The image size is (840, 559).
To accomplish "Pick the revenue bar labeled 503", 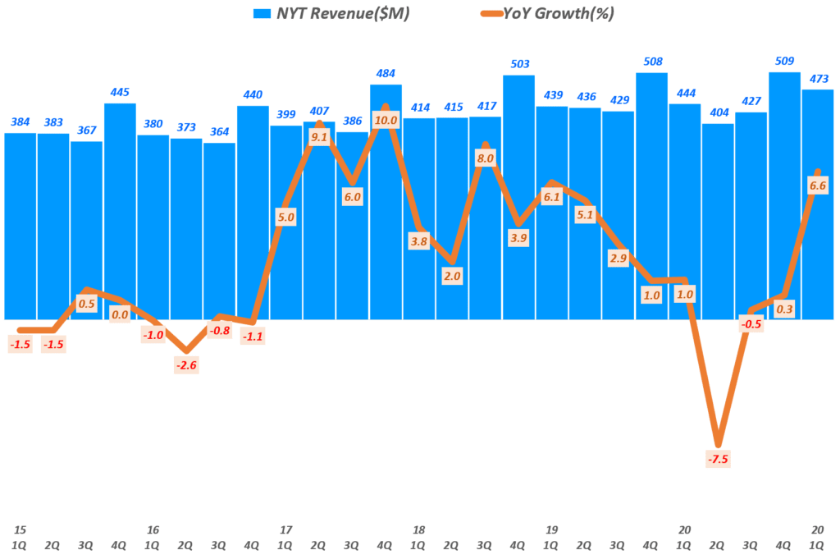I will coord(518,196).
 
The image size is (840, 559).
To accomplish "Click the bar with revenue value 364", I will coord(219,230).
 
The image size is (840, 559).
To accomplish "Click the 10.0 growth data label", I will coord(386,121).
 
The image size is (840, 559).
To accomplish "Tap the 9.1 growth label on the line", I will coord(319,137).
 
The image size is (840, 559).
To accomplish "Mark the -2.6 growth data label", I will coord(186,365).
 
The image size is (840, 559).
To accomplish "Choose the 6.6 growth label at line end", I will coord(817,186).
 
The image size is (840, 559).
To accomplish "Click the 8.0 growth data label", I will coord(485,158).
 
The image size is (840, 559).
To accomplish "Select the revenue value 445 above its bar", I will coord(120,92).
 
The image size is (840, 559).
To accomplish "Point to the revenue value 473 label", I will coord(817,79).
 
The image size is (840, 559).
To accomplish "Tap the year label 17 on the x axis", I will coord(285,529).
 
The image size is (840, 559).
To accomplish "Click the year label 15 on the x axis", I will coord(20,529).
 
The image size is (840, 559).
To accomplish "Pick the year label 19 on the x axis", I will coord(551,529).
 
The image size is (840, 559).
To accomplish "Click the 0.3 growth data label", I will coord(784,309).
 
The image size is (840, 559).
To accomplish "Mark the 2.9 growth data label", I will coord(618,259).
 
